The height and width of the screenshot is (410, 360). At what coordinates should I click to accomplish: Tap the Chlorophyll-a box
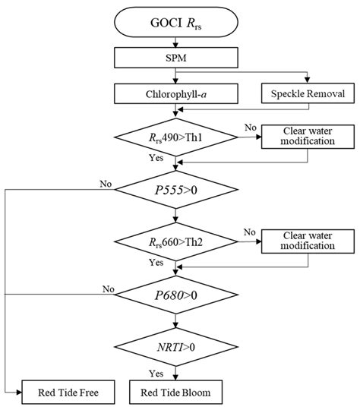pos(177,93)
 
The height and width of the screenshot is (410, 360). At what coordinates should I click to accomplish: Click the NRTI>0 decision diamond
pos(177,344)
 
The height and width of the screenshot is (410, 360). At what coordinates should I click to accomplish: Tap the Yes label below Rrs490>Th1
pos(157,158)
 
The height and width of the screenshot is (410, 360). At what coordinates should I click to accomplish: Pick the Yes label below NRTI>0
pos(157,373)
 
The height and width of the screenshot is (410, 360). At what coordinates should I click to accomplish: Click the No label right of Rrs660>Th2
pos(248,232)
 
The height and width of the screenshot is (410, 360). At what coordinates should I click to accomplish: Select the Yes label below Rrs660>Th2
pos(157,262)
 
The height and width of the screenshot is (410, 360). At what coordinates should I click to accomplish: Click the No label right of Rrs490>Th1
pos(248,128)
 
